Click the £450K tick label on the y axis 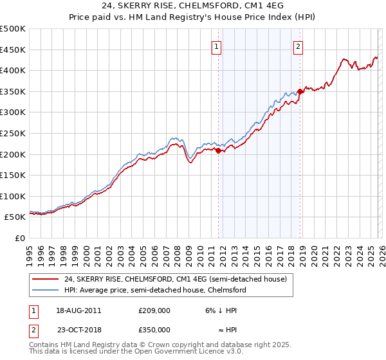click(13, 50)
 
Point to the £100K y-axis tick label click(13, 196)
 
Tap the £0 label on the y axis click(21, 238)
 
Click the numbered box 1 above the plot click(217, 46)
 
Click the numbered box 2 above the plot click(299, 46)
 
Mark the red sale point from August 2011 click(218, 150)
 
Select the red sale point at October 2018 click(300, 91)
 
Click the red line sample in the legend click(46, 279)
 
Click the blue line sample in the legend click(46, 290)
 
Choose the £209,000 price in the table click(154, 310)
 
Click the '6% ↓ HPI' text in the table click(220, 310)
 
